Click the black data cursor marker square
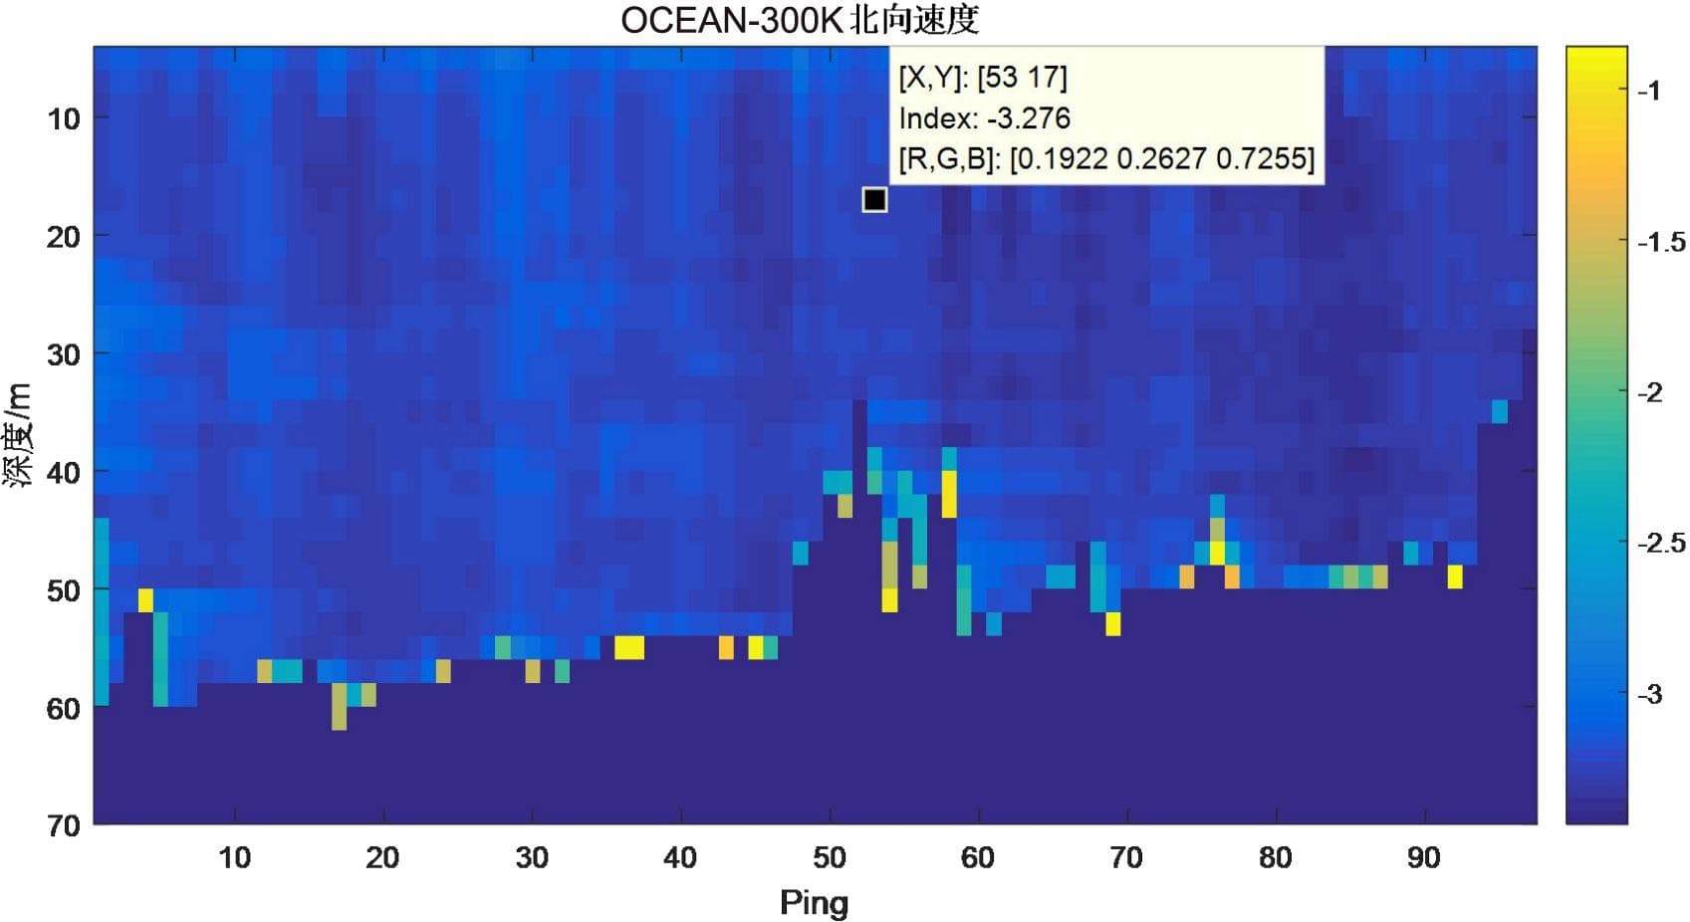[x=874, y=200]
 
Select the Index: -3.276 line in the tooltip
[x=984, y=118]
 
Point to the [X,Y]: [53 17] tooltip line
[x=982, y=78]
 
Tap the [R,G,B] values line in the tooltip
[x=1106, y=158]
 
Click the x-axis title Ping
[x=814, y=902]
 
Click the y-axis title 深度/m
[x=19, y=434]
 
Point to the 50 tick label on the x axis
[x=829, y=857]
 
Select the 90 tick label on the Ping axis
[x=1423, y=857]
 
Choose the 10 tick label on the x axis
[x=234, y=857]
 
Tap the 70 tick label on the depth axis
[x=63, y=825]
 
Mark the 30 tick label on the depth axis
[x=63, y=354]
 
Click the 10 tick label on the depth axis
[x=63, y=119]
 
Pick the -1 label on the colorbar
[x=1648, y=92]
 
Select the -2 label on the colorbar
[x=1648, y=392]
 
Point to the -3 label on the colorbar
[x=1648, y=694]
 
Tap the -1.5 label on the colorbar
[x=1660, y=242]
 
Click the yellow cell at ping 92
[x=1455, y=576]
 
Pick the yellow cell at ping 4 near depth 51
[x=145, y=600]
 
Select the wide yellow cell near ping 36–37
[x=628, y=647]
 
